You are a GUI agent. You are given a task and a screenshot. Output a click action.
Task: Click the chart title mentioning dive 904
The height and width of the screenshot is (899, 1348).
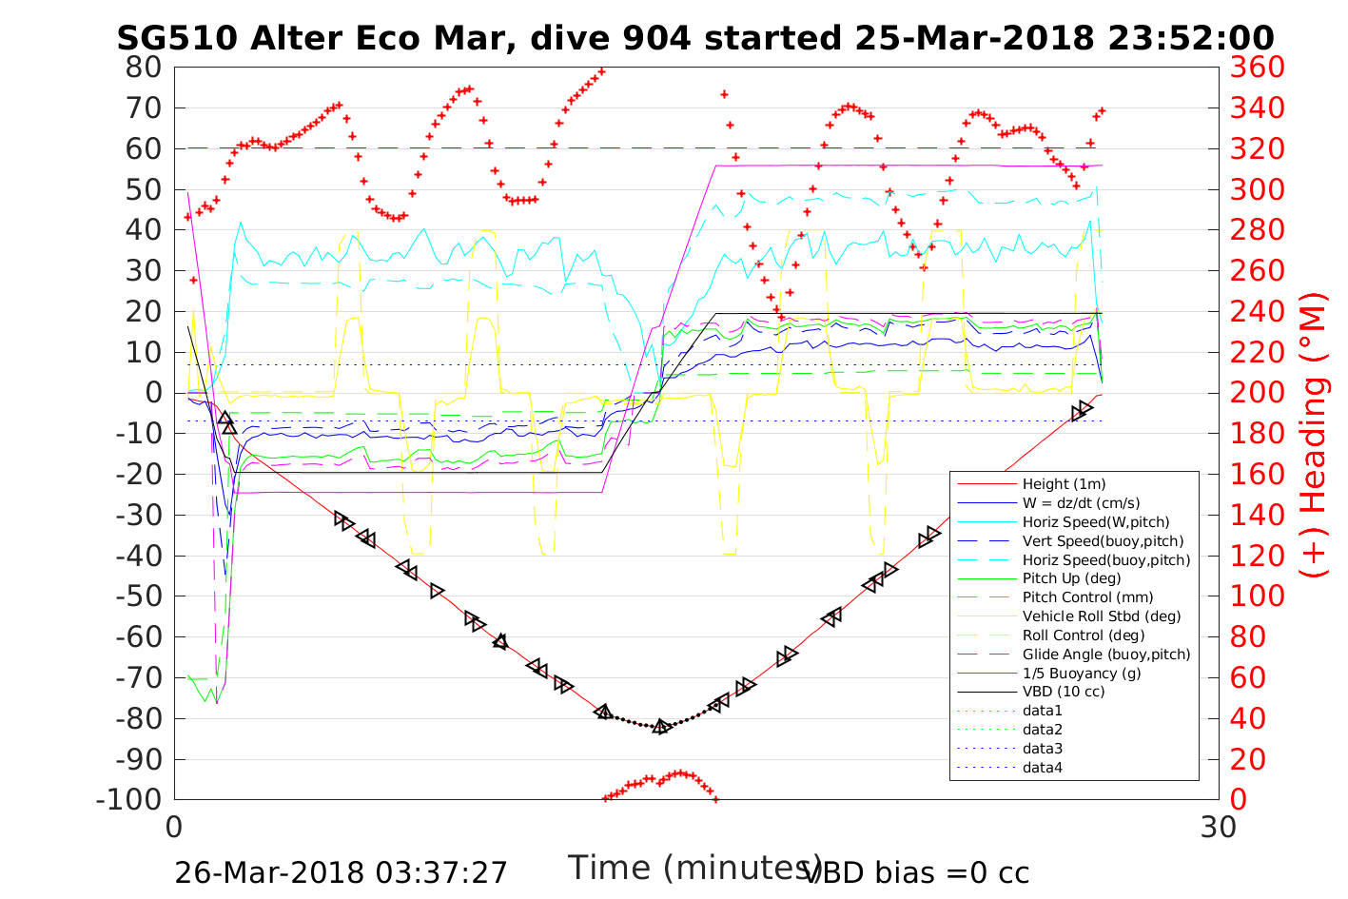[695, 38]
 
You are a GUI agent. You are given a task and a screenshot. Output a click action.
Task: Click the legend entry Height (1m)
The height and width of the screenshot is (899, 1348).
[1064, 484]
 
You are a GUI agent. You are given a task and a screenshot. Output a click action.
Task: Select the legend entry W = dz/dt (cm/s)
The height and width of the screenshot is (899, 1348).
[1081, 503]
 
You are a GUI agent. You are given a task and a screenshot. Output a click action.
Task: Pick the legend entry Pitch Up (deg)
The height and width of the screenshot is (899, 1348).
[1071, 578]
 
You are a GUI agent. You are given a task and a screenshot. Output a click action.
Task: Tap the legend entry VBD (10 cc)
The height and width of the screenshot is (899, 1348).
[1064, 692]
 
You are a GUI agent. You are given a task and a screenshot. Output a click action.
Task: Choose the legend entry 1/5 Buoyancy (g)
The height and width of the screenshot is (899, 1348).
[1082, 673]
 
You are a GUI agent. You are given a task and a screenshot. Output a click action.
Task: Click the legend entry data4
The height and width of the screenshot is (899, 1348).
[1042, 768]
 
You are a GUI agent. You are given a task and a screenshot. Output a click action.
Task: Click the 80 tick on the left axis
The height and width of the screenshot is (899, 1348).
[144, 68]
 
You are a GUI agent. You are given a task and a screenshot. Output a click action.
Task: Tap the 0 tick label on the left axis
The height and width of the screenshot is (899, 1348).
[152, 393]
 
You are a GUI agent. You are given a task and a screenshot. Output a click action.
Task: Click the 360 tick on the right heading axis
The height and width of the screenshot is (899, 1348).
[1257, 68]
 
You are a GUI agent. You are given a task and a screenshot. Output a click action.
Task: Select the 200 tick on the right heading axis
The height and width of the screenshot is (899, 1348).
[1257, 393]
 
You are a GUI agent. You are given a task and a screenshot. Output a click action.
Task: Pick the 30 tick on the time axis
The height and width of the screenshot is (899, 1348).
[1219, 828]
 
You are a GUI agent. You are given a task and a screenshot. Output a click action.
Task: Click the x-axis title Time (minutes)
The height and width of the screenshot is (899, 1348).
[694, 868]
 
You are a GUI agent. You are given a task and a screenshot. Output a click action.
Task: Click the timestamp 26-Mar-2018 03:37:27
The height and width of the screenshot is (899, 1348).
[341, 872]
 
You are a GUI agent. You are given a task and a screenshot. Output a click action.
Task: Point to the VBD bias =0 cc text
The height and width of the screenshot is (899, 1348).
[916, 872]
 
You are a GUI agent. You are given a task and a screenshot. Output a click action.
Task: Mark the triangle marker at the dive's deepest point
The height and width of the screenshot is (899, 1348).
[661, 726]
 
